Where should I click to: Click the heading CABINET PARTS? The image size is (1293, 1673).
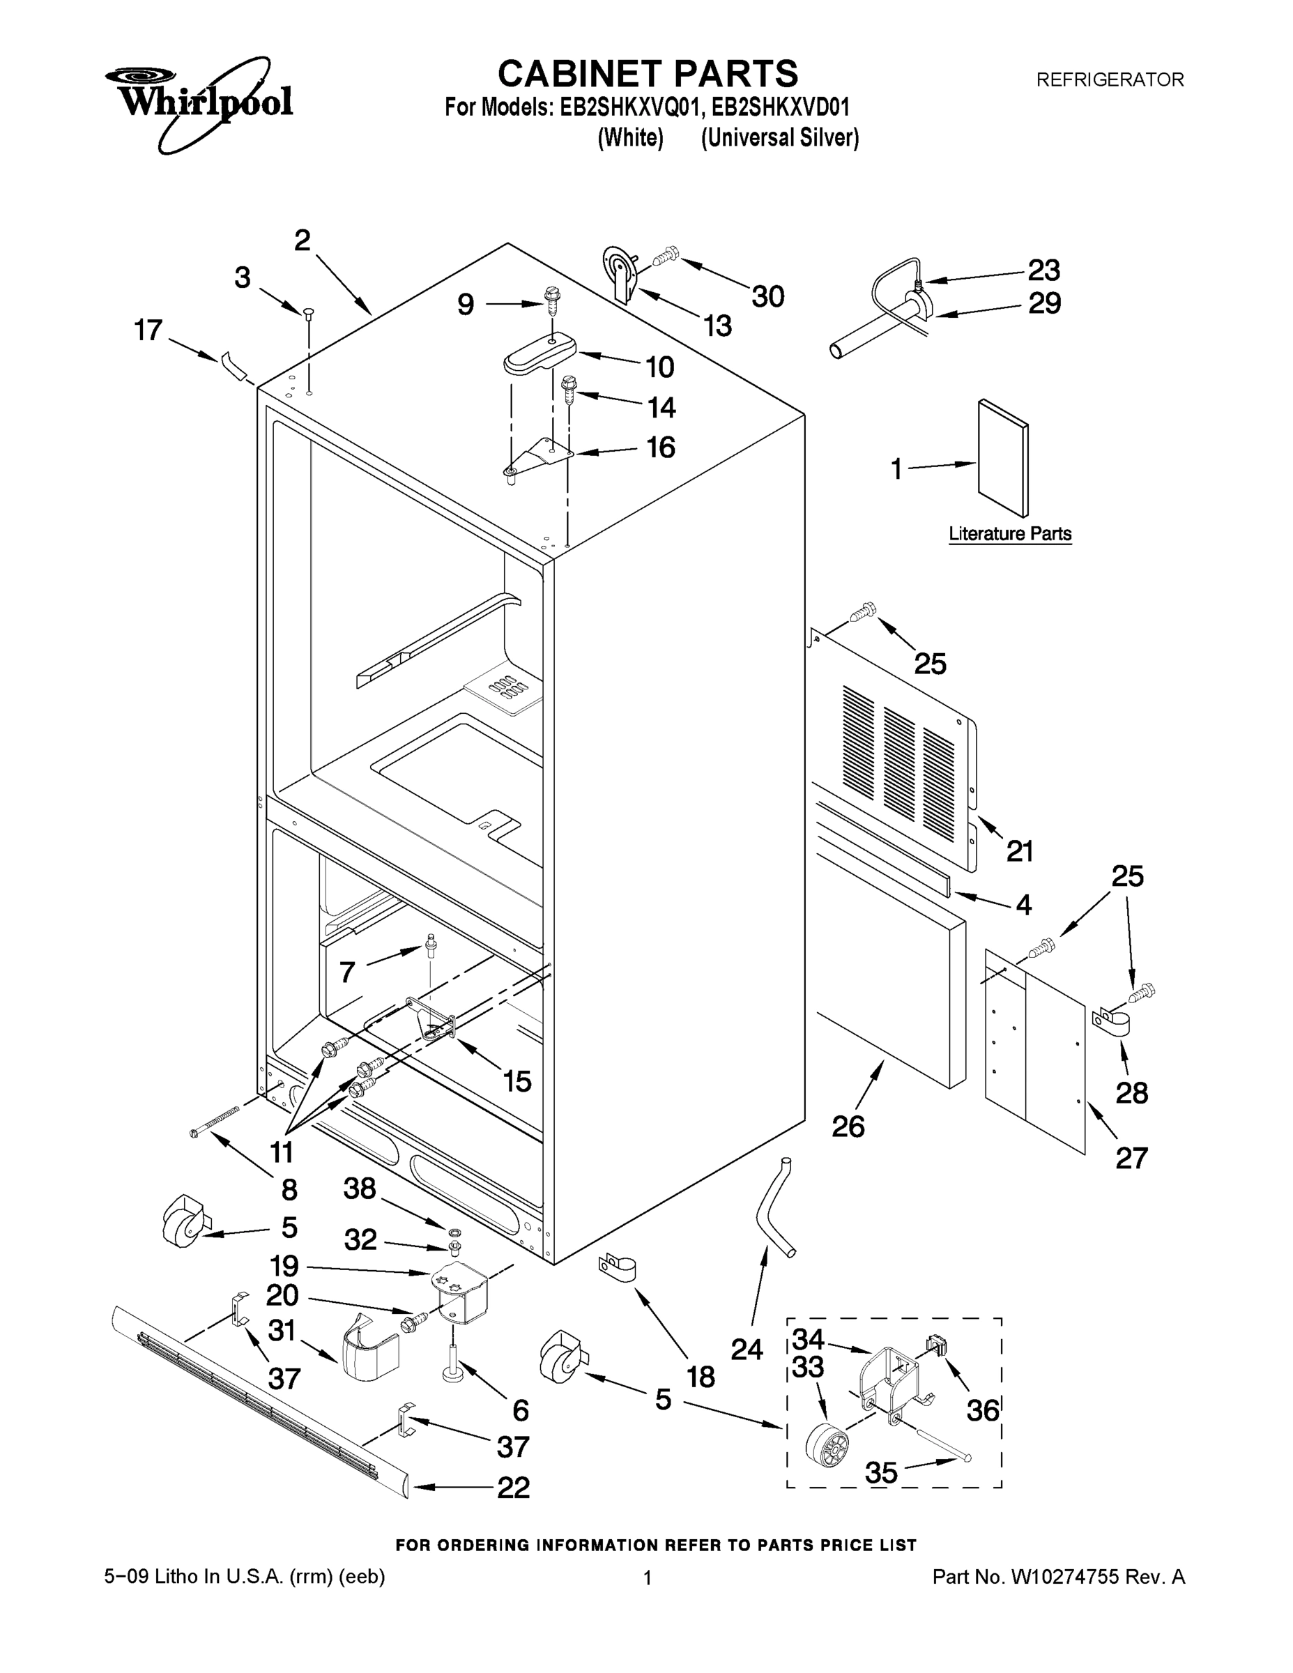pyautogui.click(x=648, y=75)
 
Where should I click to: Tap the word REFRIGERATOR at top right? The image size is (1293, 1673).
pyautogui.click(x=1109, y=79)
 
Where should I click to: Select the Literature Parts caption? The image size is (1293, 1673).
pyautogui.click(x=1009, y=534)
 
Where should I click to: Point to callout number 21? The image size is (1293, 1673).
pyautogui.click(x=1020, y=850)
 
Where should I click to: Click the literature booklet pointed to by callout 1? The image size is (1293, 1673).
pyautogui.click(x=1004, y=457)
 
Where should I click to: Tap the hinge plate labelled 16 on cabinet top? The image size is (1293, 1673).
pyautogui.click(x=540, y=457)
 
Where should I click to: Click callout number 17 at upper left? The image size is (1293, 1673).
pyautogui.click(x=148, y=330)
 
